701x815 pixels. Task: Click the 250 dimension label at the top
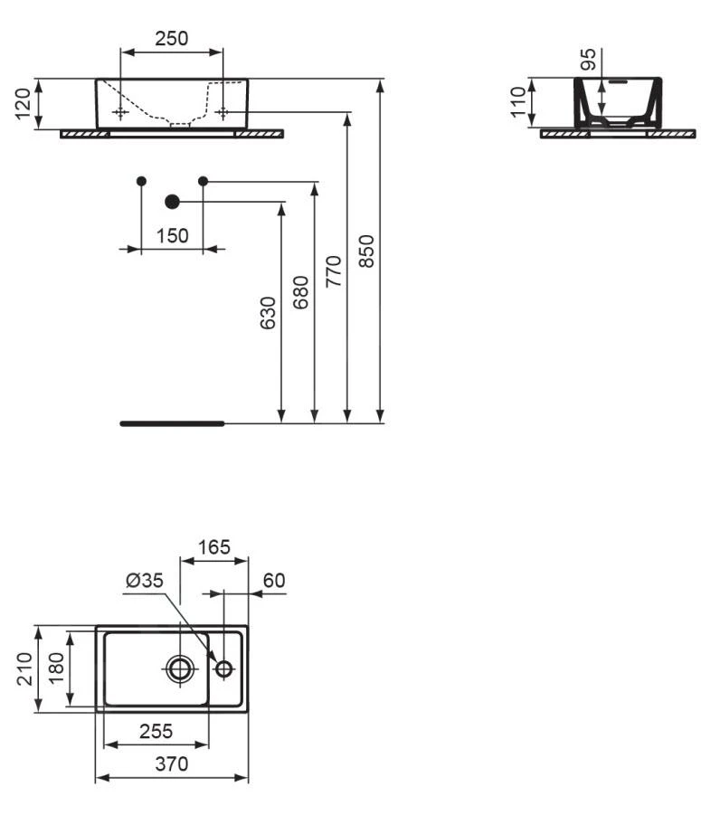pyautogui.click(x=172, y=38)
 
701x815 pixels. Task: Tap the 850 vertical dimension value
pyautogui.click(x=366, y=251)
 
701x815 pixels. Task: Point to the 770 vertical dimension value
pyautogui.click(x=334, y=271)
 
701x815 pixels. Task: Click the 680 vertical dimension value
pyautogui.click(x=300, y=292)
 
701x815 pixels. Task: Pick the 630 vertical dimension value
pyautogui.click(x=269, y=312)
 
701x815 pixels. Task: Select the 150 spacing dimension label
pyautogui.click(x=172, y=236)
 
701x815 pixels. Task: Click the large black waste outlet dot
pyautogui.click(x=172, y=202)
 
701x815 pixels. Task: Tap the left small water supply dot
pyautogui.click(x=141, y=181)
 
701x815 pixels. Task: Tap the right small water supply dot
pyautogui.click(x=203, y=181)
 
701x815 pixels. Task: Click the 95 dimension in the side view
pyautogui.click(x=588, y=61)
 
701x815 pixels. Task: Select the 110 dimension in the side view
pyautogui.click(x=519, y=103)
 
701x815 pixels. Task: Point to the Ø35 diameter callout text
pyautogui.click(x=145, y=581)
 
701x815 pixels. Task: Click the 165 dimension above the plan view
pyautogui.click(x=214, y=547)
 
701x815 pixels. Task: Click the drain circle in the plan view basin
pyautogui.click(x=180, y=668)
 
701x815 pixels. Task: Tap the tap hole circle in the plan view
pyautogui.click(x=223, y=668)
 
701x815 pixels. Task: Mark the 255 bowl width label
pyautogui.click(x=156, y=731)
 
